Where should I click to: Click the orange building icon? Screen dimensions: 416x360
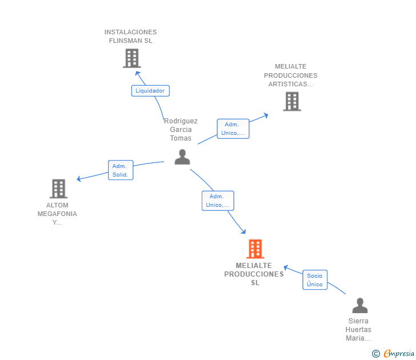click(x=255, y=249)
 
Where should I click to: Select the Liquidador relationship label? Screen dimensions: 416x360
click(x=150, y=91)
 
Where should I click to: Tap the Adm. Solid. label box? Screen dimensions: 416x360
click(x=121, y=170)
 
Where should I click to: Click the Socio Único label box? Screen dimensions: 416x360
click(x=315, y=280)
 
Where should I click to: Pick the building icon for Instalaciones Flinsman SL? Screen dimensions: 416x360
click(x=132, y=58)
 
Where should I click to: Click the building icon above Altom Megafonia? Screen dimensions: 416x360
click(x=59, y=189)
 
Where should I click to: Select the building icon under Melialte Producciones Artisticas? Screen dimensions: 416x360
click(x=292, y=101)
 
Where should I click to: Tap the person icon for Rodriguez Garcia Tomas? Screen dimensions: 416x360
click(x=182, y=157)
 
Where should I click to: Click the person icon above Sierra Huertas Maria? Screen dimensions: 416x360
click(x=360, y=305)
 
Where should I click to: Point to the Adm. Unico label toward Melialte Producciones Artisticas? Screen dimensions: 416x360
click(x=233, y=129)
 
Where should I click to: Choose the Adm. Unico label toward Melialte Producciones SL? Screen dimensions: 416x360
click(x=218, y=201)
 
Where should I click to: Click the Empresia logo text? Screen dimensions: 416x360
click(x=399, y=353)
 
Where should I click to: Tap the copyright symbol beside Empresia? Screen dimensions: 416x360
click(x=376, y=354)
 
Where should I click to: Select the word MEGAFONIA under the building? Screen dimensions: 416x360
click(x=57, y=214)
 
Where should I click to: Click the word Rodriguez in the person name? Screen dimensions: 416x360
click(x=181, y=121)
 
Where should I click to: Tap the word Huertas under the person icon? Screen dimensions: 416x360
click(x=358, y=330)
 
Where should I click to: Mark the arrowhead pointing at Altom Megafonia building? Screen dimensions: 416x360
click(x=78, y=179)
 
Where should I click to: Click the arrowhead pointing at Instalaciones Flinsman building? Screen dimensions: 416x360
click(x=137, y=73)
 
